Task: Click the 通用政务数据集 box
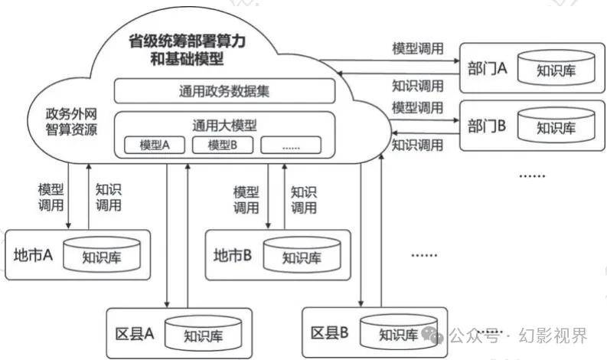pyautogui.click(x=224, y=91)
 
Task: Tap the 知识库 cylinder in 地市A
pyautogui.click(x=102, y=255)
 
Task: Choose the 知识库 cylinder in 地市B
pyautogui.click(x=301, y=255)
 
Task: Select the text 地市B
pyautogui.click(x=233, y=255)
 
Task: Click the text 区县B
pyautogui.click(x=330, y=332)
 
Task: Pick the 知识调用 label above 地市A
pyautogui.click(x=108, y=196)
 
